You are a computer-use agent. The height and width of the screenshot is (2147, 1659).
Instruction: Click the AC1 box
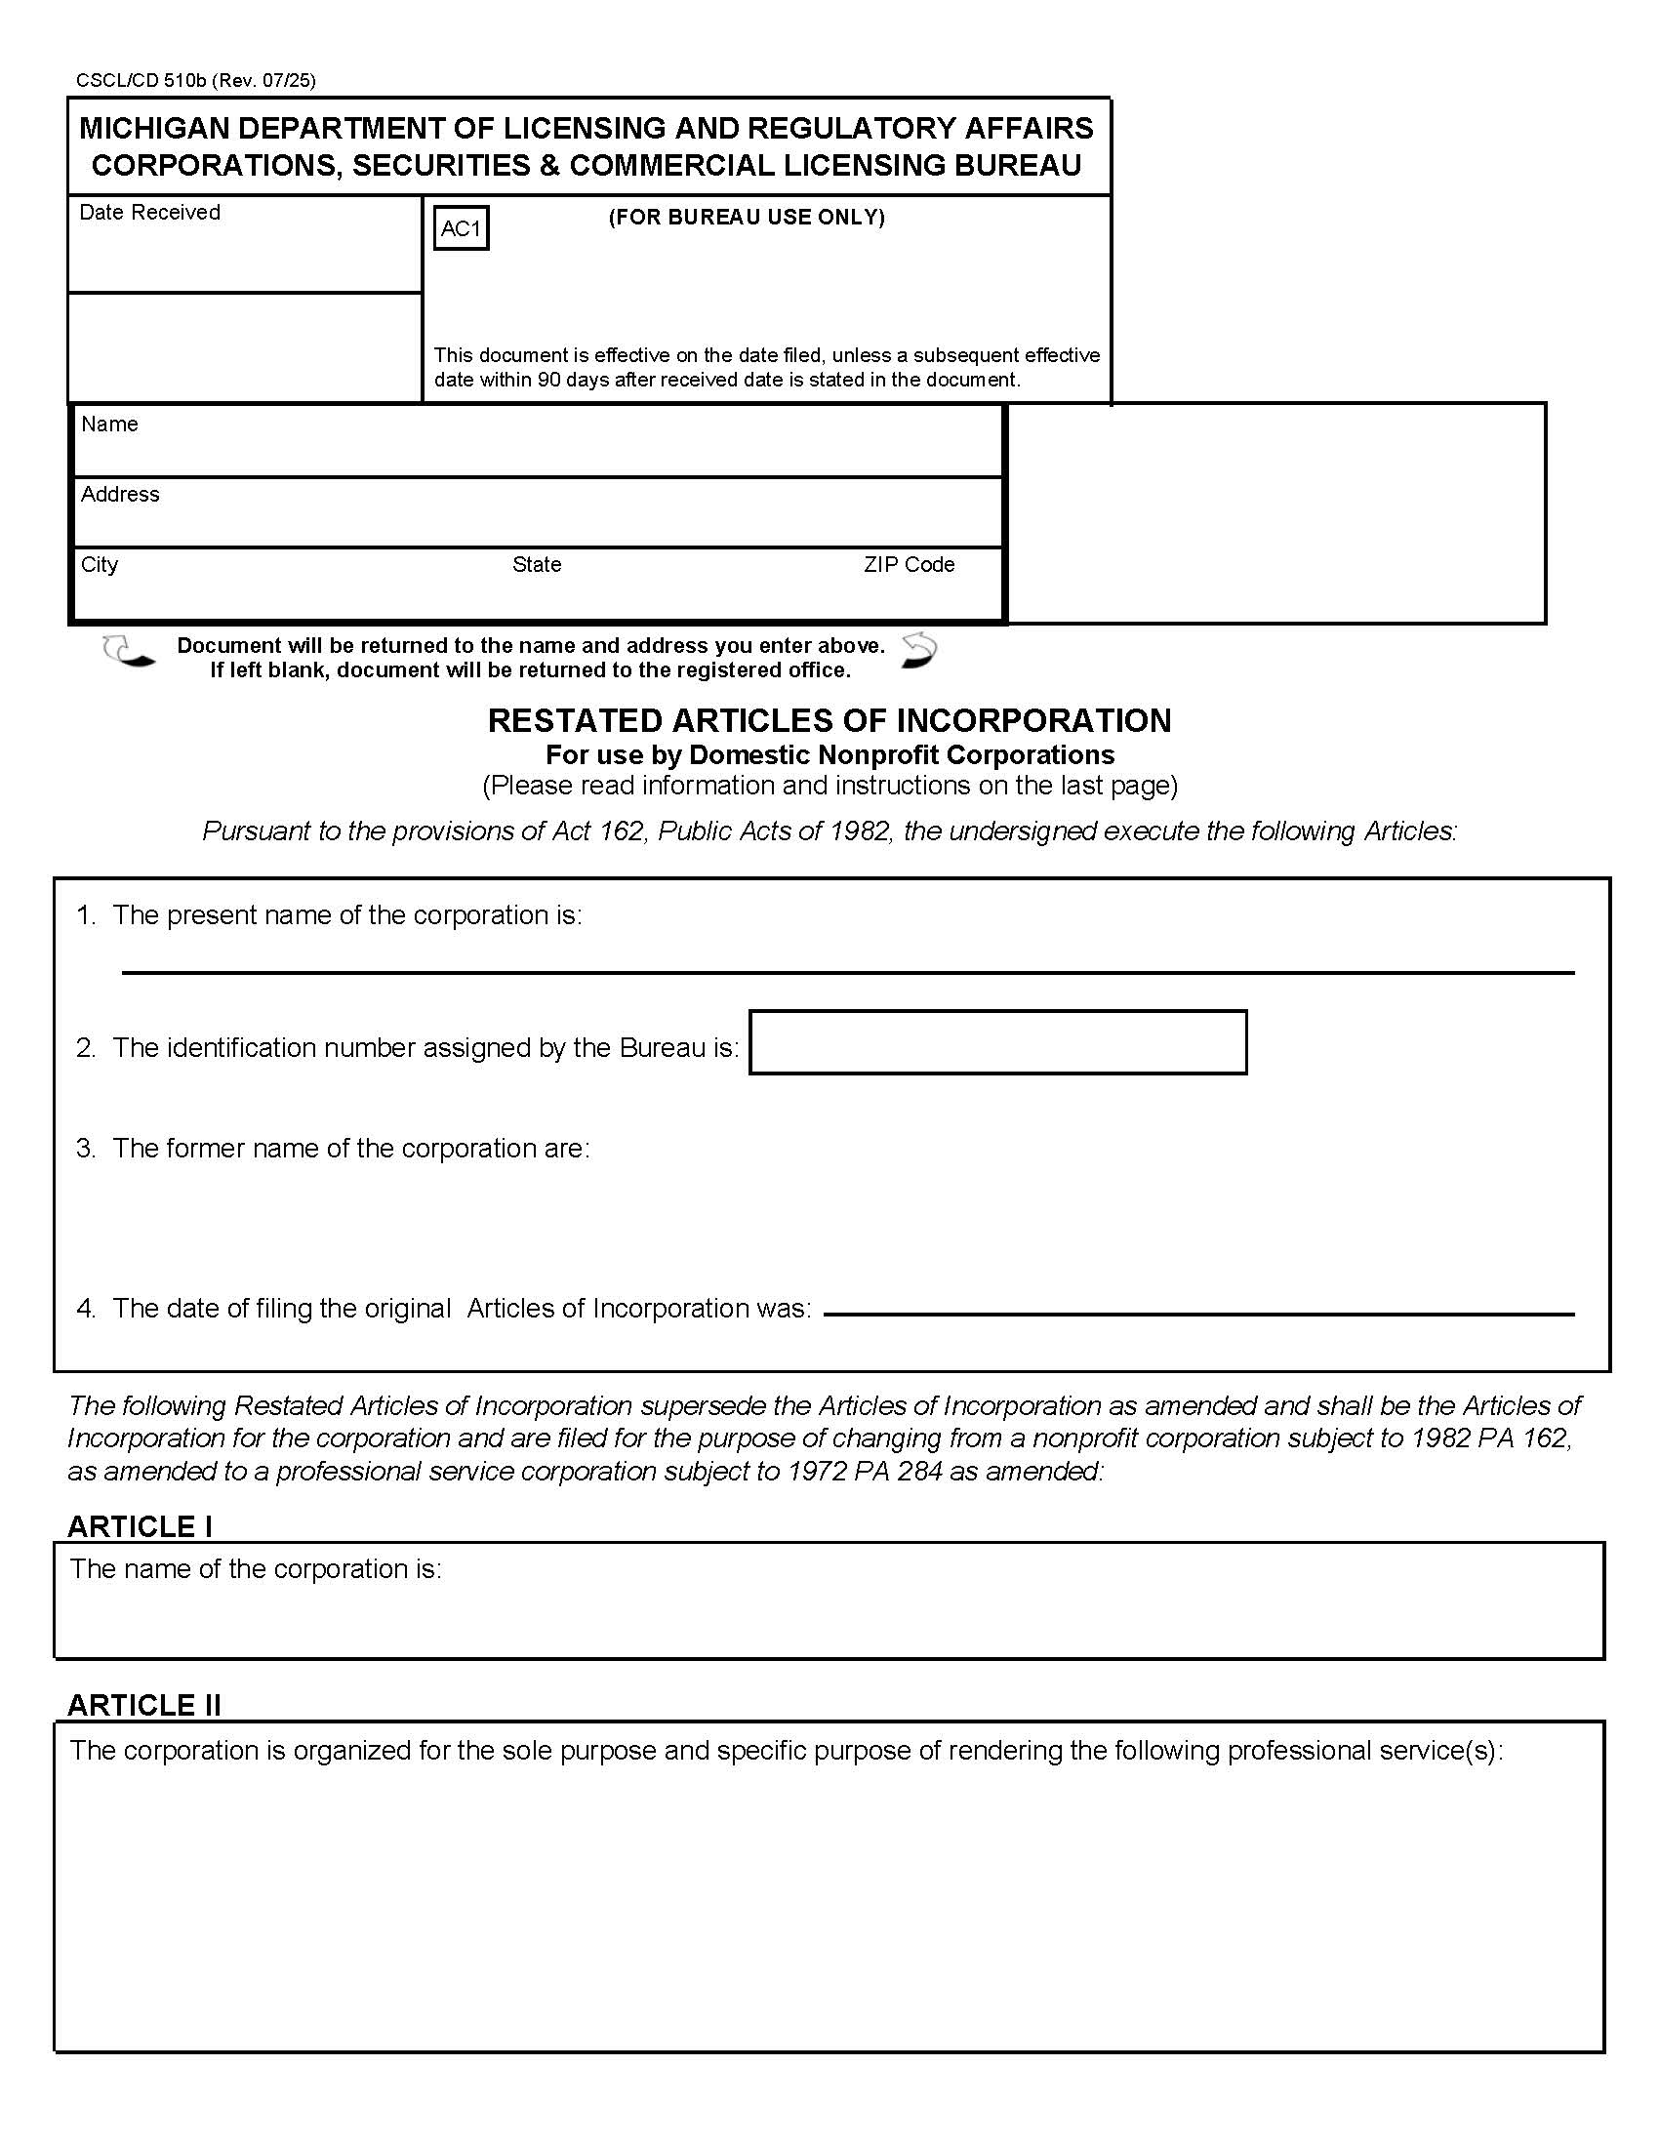461,228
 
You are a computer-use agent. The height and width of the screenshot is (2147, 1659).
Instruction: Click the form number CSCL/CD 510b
141,81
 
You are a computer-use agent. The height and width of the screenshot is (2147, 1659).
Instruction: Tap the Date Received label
149,213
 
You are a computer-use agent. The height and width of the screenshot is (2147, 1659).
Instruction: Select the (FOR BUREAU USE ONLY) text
746,218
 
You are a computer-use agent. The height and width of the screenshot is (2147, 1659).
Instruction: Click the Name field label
109,424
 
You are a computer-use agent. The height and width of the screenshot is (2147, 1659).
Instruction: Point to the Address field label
120,494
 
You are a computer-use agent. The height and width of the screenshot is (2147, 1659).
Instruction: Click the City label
100,564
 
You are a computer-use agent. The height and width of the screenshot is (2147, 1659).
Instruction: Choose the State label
537,564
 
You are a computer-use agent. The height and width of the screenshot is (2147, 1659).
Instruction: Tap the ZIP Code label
910,564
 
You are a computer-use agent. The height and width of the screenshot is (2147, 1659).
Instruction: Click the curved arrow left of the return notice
129,652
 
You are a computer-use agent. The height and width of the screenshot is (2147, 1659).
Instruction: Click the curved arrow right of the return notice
919,651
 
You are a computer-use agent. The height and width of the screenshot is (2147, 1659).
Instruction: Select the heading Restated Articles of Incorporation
829,720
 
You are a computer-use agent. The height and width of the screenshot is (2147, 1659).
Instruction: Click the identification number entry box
997,1042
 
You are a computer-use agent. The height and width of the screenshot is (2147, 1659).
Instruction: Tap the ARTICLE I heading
140,1526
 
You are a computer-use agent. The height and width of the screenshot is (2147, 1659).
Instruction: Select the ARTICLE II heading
144,1706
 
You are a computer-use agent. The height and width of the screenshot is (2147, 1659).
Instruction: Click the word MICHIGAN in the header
155,128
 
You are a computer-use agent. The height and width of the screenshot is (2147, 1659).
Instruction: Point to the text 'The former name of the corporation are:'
351,1149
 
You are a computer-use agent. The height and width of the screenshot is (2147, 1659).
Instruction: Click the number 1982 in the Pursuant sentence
860,830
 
